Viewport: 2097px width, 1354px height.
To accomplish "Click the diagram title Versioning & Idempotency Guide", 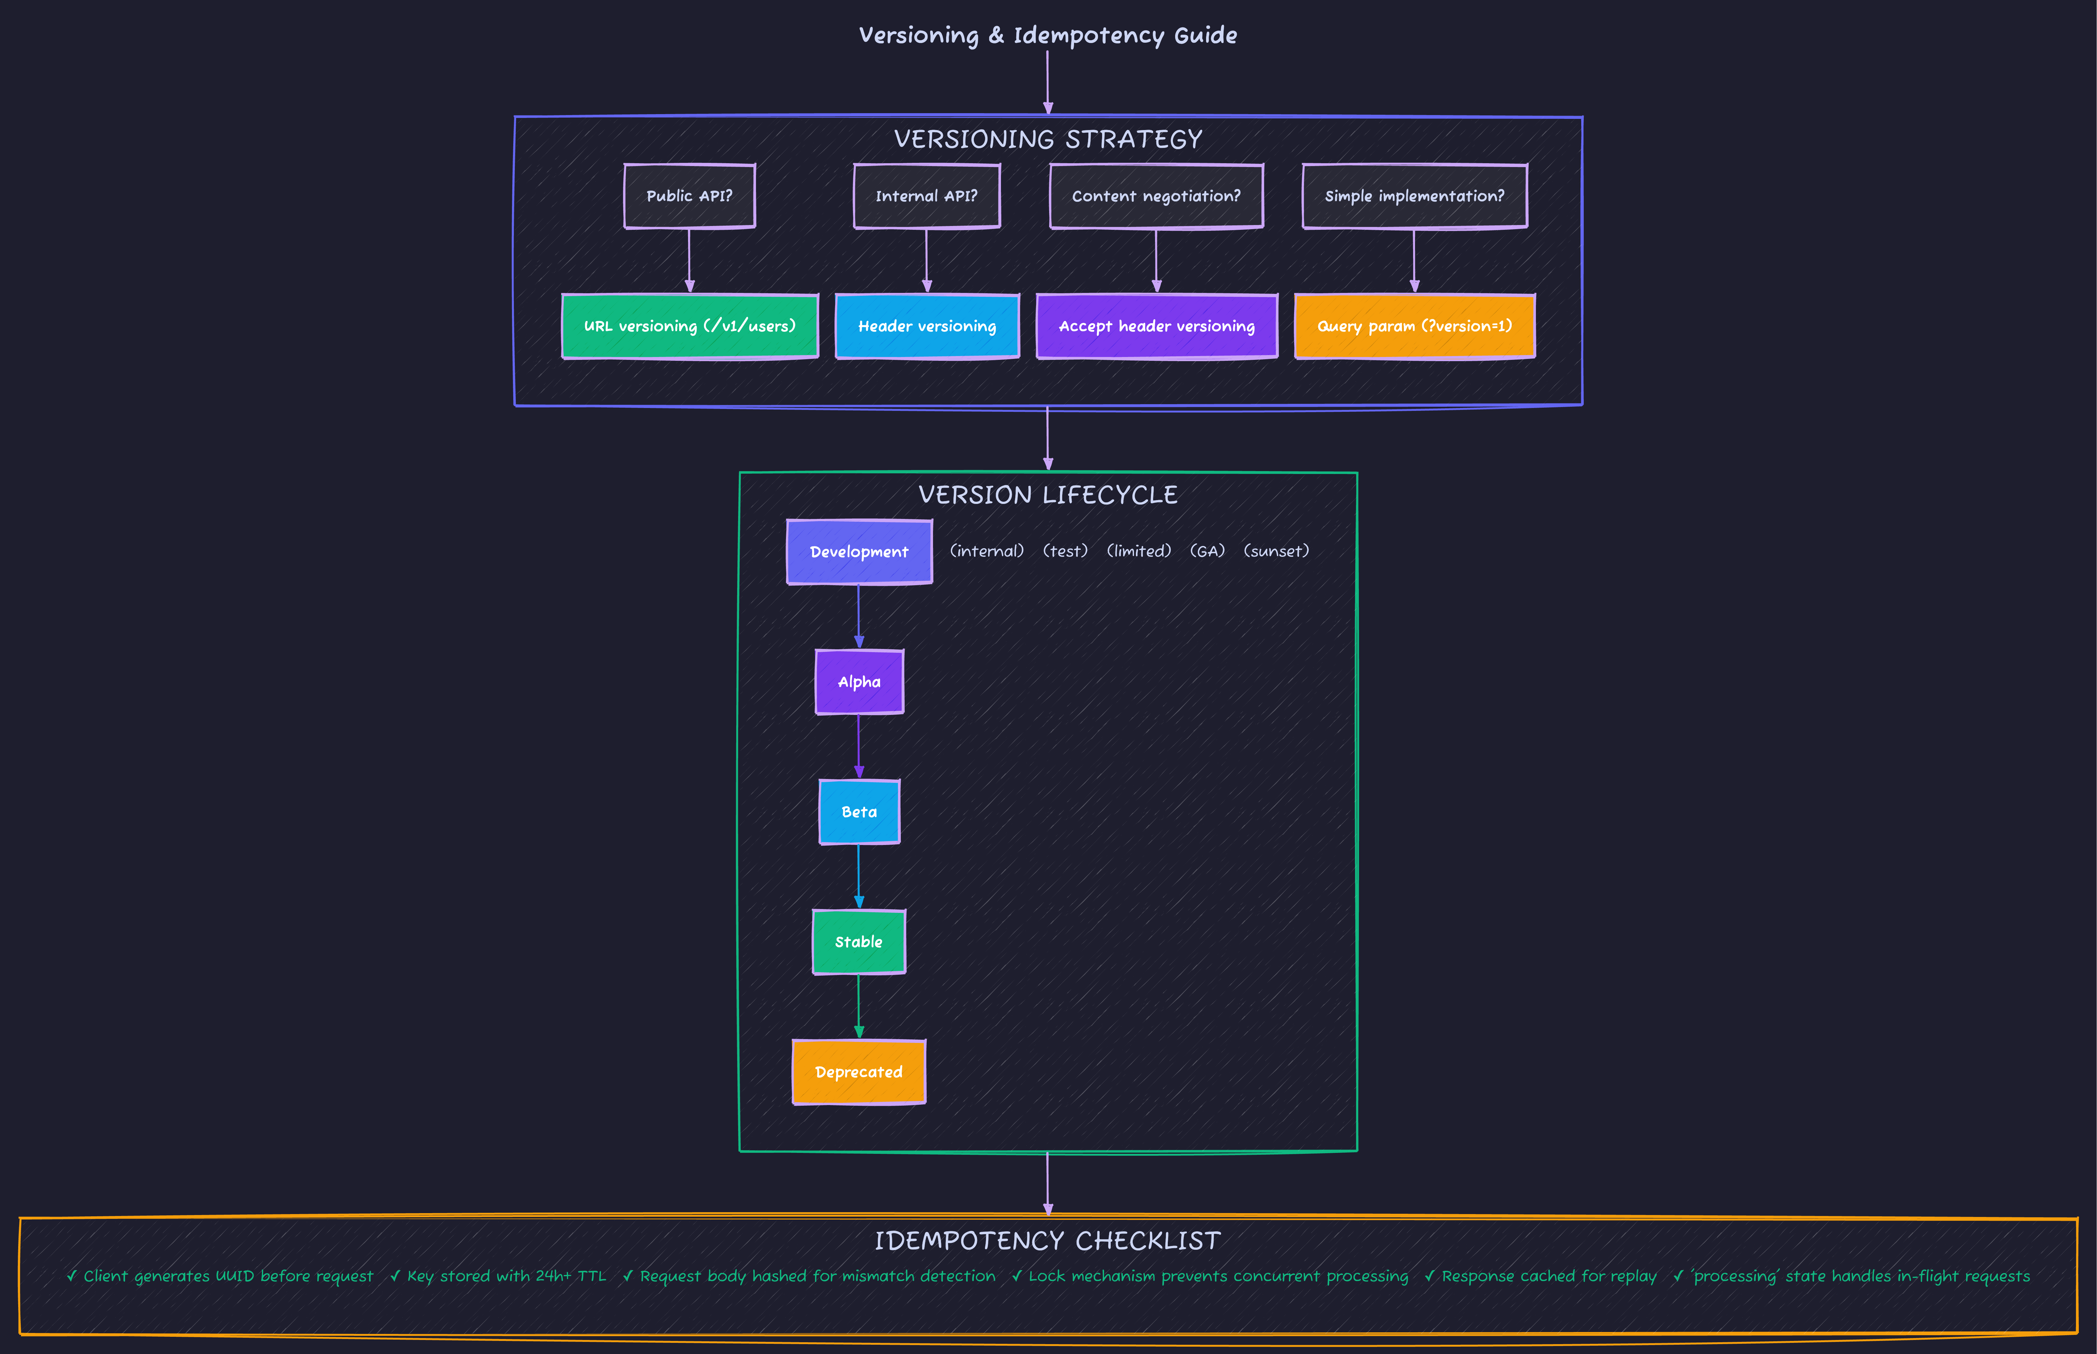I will (x=1048, y=35).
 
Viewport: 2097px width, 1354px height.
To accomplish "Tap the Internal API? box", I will (x=926, y=196).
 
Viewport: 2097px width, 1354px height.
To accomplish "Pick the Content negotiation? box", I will (x=1156, y=196).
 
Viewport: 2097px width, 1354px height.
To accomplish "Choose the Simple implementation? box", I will (x=1414, y=196).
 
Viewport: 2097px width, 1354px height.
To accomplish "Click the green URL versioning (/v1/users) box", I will (x=690, y=326).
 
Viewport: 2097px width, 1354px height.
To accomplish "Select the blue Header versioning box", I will (x=927, y=326).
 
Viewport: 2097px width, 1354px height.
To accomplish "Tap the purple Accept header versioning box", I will (x=1157, y=326).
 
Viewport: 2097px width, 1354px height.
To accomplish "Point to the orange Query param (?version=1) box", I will (x=1414, y=326).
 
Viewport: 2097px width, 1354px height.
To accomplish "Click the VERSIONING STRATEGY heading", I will (x=1048, y=139).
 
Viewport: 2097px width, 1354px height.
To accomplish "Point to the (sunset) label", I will (x=1276, y=551).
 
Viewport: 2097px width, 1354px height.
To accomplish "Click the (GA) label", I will (x=1207, y=551).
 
